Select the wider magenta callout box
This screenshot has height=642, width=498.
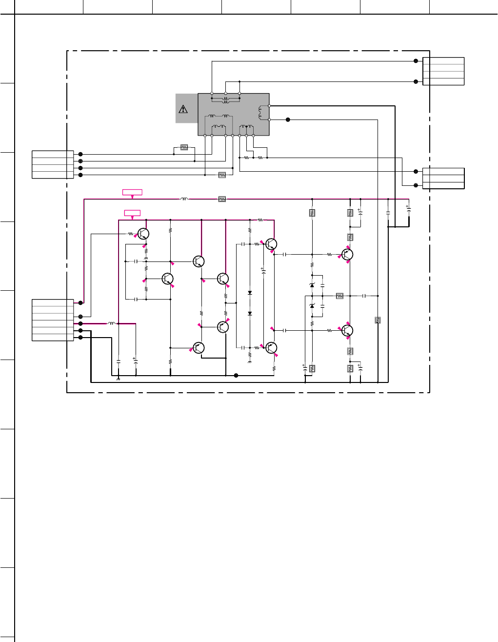click(132, 192)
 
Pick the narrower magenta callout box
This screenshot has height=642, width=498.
click(132, 213)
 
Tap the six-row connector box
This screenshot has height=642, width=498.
click(53, 320)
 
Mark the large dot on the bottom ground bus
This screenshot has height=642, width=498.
click(236, 375)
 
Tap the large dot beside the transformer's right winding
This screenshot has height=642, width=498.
click(288, 120)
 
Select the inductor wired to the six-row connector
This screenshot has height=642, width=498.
click(112, 323)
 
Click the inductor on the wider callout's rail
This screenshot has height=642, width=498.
click(184, 199)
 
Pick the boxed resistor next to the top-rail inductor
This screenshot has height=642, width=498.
click(222, 199)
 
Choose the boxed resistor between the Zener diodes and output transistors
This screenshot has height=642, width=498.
click(339, 296)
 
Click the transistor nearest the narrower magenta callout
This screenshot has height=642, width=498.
click(143, 234)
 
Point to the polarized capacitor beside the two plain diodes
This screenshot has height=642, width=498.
click(263, 271)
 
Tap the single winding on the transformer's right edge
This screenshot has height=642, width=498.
click(260, 113)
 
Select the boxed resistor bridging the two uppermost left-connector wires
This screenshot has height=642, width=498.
click(184, 147)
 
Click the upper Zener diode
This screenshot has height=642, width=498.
click(312, 285)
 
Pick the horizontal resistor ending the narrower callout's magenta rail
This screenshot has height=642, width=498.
click(260, 220)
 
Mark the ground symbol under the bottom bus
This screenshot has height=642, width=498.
click(119, 379)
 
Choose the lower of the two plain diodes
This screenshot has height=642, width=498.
click(250, 313)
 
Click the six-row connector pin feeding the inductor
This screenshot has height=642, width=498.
click(80, 323)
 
